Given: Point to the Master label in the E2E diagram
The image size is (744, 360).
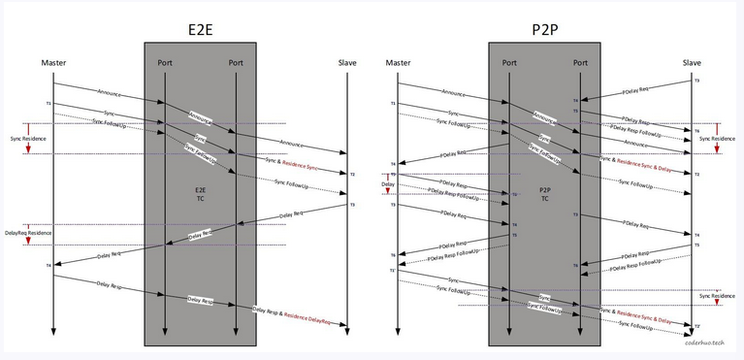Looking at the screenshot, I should click(x=53, y=63).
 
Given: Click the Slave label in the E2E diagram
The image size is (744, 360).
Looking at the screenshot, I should click(x=347, y=63).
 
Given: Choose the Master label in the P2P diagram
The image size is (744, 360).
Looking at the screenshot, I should click(x=398, y=63).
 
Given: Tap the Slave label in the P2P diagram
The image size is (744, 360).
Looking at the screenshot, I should click(x=692, y=63).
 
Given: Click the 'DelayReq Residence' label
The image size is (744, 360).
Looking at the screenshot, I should click(x=28, y=234).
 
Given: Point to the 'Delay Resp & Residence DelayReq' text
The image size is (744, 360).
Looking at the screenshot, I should click(x=299, y=315).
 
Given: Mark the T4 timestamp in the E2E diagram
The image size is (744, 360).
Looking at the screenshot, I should click(x=48, y=265).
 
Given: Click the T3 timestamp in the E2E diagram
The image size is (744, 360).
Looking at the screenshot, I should click(x=352, y=205).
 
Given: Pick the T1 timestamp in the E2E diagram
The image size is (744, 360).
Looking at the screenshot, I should click(x=48, y=103).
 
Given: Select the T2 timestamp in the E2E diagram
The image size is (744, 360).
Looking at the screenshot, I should click(x=352, y=175).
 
